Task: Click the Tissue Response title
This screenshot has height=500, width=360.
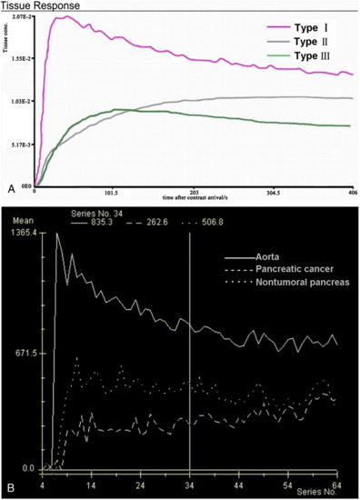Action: (36, 5)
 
